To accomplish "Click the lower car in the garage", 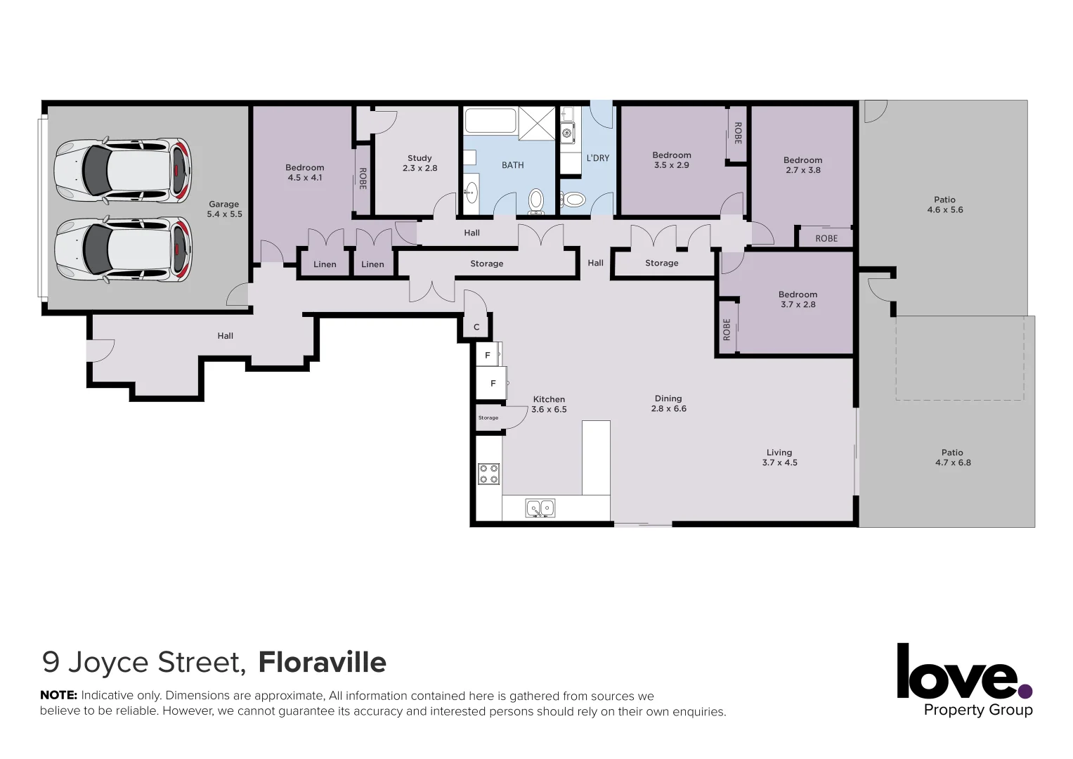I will coord(123,249).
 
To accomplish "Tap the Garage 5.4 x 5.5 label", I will coord(224,209).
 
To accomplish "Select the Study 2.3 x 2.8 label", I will coord(420,163).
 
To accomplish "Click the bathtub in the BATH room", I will coord(490,121).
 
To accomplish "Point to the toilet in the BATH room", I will coord(536,200).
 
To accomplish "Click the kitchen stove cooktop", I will coord(488,474).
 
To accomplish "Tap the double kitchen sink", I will coord(540,507).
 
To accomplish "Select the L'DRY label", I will coord(597,158).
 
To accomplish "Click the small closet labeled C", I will coord(476,327).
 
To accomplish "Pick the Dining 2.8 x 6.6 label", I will coord(668,403).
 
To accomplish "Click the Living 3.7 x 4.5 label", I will coord(779,458).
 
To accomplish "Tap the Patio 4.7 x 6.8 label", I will coord(952,458).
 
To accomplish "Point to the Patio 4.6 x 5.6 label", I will coord(944,205).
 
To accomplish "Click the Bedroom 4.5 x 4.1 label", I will coord(304,172).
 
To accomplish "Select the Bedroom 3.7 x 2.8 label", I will coord(798,299).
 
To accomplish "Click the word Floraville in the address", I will coord(322,662).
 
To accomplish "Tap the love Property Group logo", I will coord(964,680).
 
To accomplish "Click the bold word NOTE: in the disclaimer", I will coord(58,695).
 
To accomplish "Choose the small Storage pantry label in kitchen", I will coord(488,417).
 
